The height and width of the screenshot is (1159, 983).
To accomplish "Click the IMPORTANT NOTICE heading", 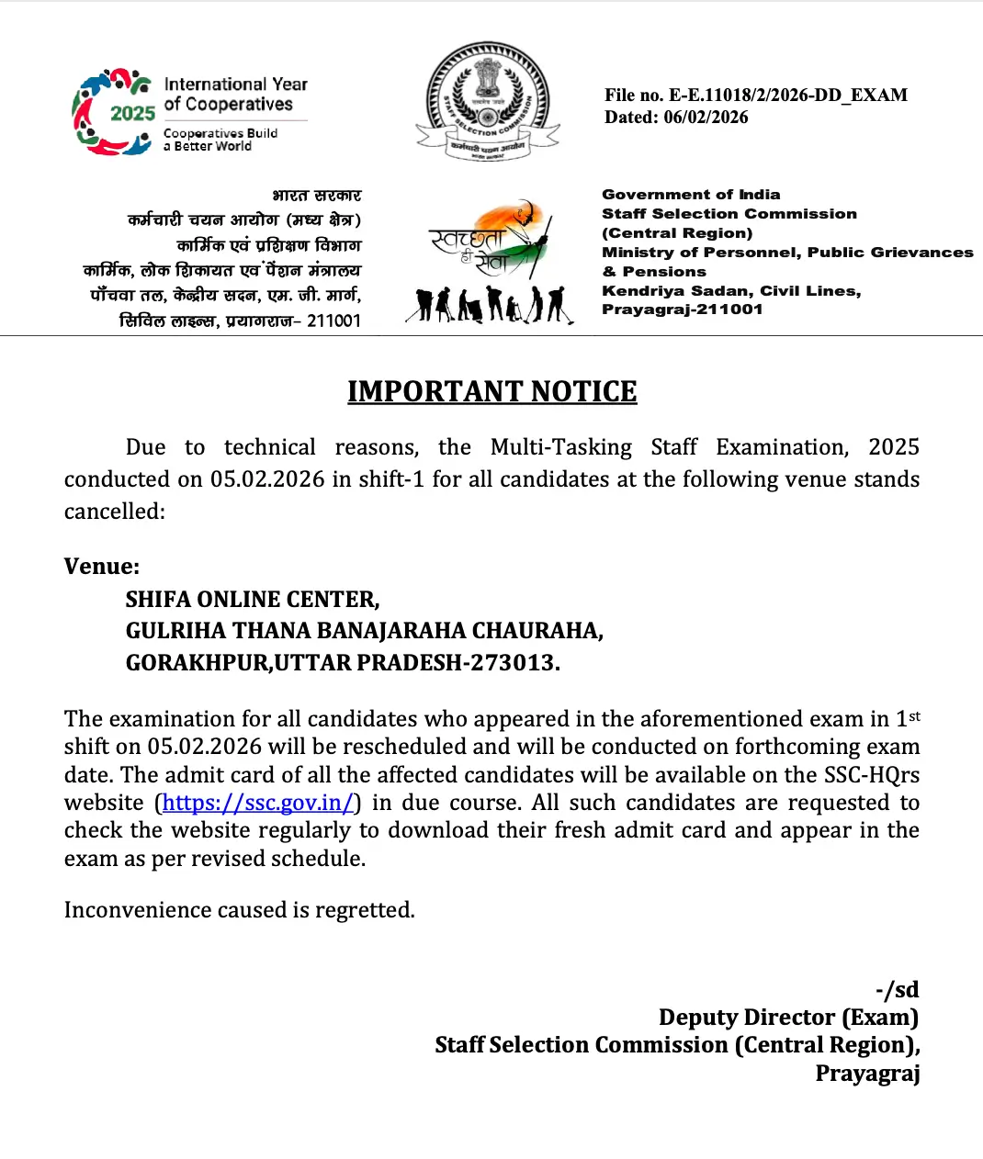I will coord(491,391).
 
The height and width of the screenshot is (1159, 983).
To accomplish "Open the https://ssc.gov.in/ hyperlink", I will coord(257,803).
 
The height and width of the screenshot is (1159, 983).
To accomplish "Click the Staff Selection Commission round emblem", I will coord(488,102).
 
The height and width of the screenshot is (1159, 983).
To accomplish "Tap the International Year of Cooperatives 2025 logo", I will coord(189,112).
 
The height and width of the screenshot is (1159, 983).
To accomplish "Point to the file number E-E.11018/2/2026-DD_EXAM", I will coord(787,96).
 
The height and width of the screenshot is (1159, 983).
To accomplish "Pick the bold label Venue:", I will coord(102,567).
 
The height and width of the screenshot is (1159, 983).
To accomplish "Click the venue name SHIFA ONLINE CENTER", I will coord(252,600).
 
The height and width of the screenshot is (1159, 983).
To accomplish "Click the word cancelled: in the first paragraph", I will coord(114,512).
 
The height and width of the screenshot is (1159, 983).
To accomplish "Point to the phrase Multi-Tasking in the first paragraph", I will coord(560,447).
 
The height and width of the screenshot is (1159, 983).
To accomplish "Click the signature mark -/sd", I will coord(897,990).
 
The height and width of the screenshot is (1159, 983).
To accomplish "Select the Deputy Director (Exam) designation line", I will coord(788,1018).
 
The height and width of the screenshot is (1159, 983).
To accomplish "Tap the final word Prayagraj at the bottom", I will coord(867,1074).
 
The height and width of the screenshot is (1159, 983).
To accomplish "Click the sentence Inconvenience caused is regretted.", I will coord(239,910).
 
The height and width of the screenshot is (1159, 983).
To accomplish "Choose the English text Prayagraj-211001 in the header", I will coord(682,309).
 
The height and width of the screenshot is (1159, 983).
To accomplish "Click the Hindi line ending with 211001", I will coord(240,321).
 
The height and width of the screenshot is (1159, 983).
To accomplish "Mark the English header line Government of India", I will coord(691,195).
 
